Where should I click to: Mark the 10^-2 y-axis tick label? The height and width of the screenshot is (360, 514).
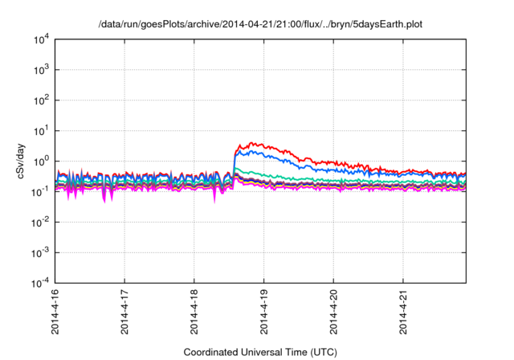[x=40, y=222]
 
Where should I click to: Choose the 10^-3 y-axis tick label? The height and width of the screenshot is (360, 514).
[x=40, y=252]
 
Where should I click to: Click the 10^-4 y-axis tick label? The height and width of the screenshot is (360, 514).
[x=40, y=283]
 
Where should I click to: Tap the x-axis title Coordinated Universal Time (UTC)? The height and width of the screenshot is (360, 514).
[x=260, y=352]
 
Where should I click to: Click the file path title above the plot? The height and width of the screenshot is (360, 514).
[x=260, y=25]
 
